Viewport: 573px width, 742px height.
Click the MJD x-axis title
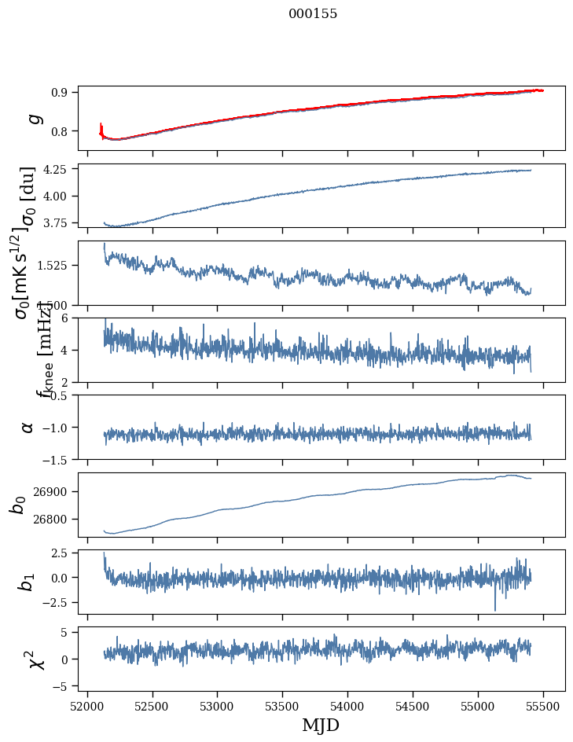point(321,725)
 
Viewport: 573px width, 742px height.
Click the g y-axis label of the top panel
point(33,118)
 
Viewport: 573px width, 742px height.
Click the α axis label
point(28,427)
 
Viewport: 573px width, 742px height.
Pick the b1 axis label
point(28,582)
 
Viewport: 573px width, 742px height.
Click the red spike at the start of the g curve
point(101,126)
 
